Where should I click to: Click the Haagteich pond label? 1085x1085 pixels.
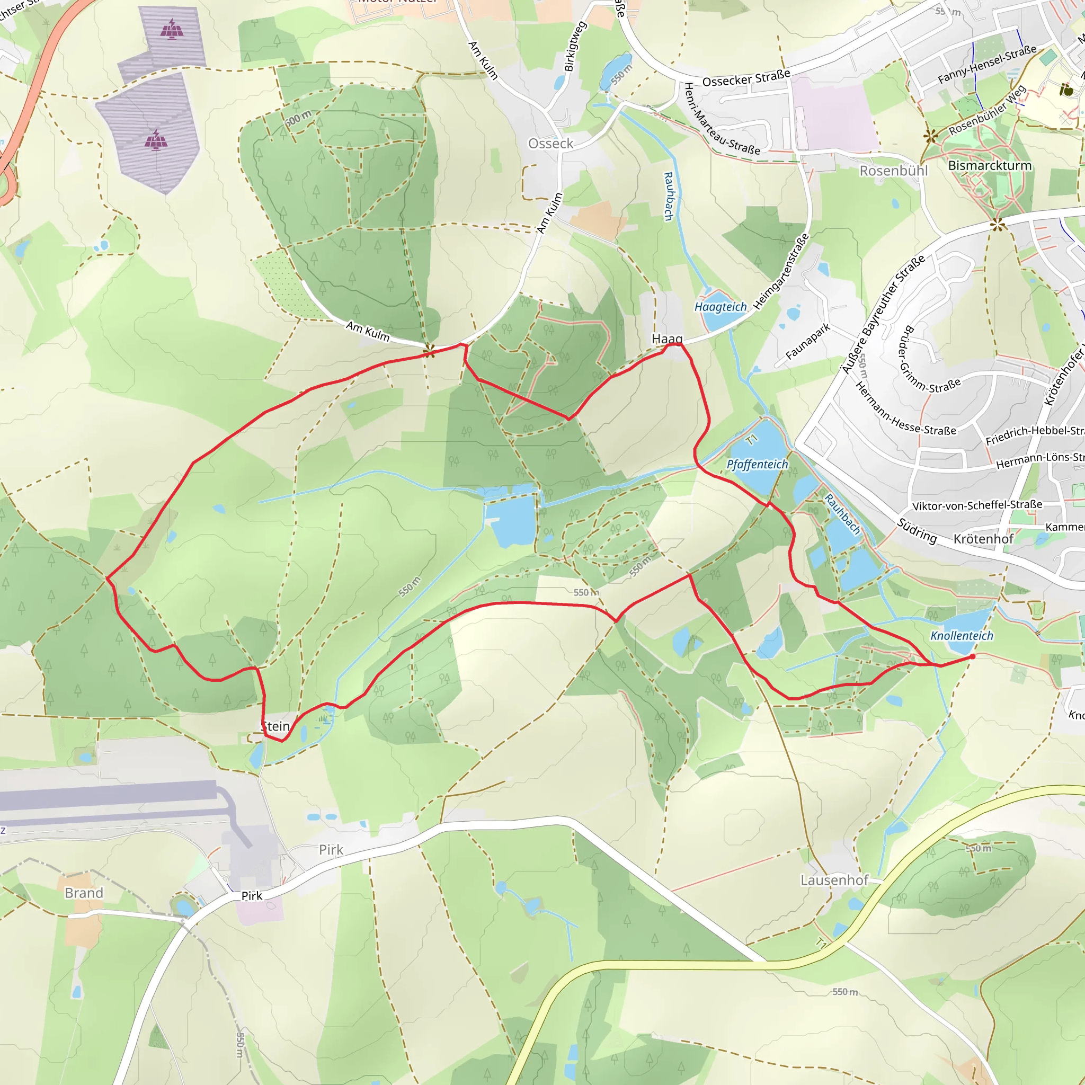tap(721, 307)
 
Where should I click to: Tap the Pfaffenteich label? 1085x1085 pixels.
tap(757, 465)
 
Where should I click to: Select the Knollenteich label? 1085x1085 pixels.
tap(962, 636)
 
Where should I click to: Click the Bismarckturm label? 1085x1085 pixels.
tap(990, 166)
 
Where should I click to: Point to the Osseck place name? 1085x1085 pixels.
tap(550, 144)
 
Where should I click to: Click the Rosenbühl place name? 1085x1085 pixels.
tap(894, 171)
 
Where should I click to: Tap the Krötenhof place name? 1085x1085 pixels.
tap(983, 539)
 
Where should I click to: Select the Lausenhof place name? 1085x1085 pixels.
tap(834, 880)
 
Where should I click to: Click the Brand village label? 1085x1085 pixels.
tap(84, 893)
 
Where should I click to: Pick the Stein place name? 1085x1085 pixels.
tap(275, 726)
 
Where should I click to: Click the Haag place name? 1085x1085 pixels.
tap(667, 339)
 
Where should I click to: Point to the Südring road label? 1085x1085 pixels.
tap(917, 531)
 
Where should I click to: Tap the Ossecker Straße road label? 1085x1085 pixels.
tap(746, 78)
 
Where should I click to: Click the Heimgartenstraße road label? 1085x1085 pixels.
tap(781, 271)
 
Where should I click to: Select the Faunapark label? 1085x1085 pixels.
tap(807, 342)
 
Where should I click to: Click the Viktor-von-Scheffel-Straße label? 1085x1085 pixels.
tap(977, 505)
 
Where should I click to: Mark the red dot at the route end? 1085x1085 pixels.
tap(973, 656)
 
